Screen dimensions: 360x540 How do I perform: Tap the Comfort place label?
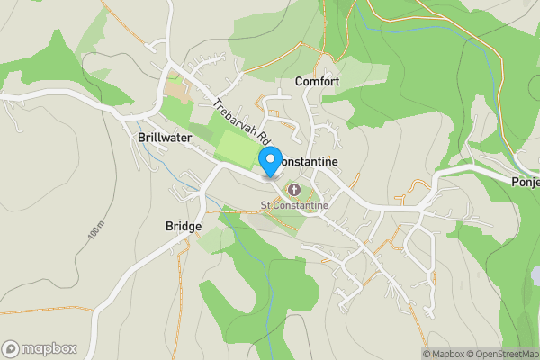pos(317,82)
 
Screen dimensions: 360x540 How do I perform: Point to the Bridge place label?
pos(184,226)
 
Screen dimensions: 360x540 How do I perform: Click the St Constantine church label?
pos(294,205)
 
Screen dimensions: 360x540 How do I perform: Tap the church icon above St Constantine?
pos(294,190)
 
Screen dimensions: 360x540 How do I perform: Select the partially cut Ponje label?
pos(524,181)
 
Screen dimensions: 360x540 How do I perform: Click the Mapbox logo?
pos(40,348)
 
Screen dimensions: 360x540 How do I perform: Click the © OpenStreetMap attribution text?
pos(505,354)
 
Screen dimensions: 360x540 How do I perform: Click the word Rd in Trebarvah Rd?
pos(263,139)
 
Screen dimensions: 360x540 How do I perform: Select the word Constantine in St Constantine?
pos(301,205)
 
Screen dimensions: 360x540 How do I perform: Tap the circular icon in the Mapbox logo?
pos(12,348)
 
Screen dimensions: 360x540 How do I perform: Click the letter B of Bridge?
pos(170,226)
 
